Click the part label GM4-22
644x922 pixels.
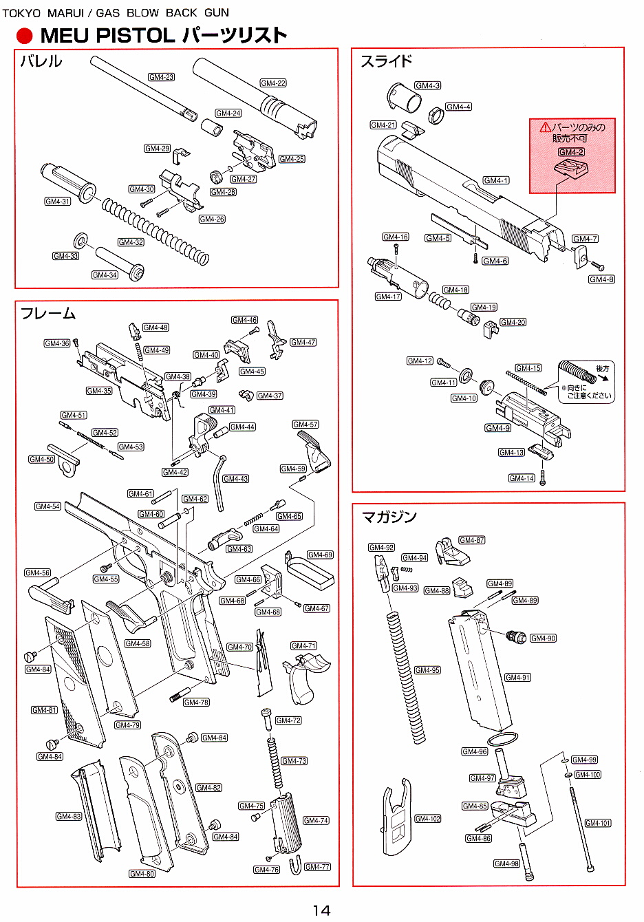point(273,83)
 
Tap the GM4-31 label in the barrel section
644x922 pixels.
point(58,202)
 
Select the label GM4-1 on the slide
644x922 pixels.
point(495,180)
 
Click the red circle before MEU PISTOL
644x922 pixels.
point(25,36)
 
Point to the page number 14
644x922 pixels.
point(321,910)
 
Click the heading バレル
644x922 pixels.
point(41,61)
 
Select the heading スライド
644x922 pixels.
point(387,61)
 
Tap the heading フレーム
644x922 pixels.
point(47,314)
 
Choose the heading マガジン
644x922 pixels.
point(389,517)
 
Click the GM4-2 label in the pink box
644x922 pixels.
point(571,152)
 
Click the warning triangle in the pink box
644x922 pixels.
point(546,127)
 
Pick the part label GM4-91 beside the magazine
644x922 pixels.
point(517,678)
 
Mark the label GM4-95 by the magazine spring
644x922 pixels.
point(427,670)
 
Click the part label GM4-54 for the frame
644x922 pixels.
point(47,506)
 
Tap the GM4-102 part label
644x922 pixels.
point(427,819)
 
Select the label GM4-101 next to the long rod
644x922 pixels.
point(598,823)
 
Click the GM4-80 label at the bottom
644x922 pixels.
point(142,874)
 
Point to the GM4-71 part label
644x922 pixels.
point(303,646)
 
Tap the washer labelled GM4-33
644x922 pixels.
point(80,240)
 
